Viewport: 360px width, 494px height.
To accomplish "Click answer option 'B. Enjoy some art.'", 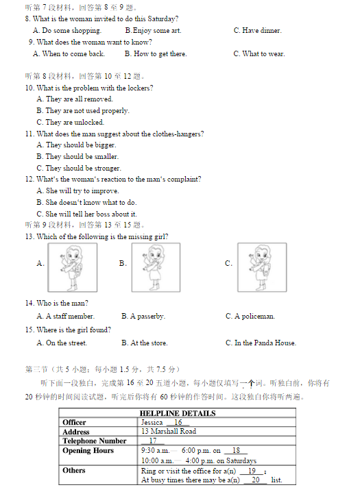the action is [153, 31].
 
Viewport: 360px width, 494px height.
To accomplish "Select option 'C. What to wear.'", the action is [259, 54].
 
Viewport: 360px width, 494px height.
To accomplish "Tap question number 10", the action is [29, 88].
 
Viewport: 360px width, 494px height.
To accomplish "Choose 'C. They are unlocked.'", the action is [71, 122].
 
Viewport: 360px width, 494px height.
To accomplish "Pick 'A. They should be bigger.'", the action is [76, 145].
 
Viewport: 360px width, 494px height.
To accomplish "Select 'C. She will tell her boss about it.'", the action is [86, 214].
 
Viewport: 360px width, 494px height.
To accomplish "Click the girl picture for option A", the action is [73, 267].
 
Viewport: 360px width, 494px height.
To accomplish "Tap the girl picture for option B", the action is [156, 267].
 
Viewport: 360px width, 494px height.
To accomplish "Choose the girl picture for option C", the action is [262, 267].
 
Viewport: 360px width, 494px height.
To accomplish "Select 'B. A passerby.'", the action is [143, 317].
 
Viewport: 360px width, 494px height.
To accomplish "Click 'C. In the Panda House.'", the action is [261, 343].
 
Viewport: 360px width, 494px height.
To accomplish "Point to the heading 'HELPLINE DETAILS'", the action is [178, 413].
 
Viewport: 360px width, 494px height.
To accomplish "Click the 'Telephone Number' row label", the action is [94, 441].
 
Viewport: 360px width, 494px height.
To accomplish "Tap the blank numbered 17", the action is [153, 441].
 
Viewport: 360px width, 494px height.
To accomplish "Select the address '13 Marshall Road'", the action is [169, 431].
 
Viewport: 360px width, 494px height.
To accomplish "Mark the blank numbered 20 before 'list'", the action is [256, 480].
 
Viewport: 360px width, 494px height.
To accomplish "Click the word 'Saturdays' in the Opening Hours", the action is [241, 461].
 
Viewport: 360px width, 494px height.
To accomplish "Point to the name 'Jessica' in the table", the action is [152, 423].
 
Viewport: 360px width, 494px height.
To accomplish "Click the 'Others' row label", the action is [74, 471].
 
